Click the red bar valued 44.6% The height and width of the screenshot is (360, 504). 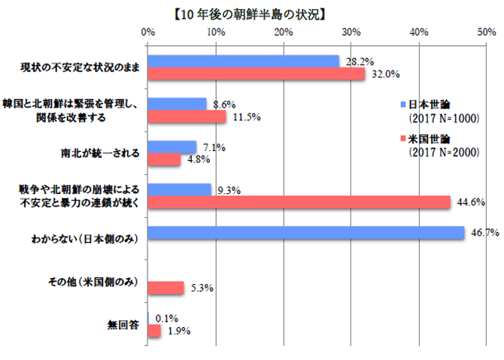(299, 201)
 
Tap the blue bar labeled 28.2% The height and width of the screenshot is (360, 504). (244, 61)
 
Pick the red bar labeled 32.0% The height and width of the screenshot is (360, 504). (257, 74)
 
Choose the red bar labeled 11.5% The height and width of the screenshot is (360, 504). (187, 116)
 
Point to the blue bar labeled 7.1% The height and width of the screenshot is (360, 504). (172, 147)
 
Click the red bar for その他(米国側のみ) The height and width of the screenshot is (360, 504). (165, 287)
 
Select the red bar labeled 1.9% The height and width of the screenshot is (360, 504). (154, 330)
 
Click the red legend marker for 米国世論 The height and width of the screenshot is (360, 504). (403, 139)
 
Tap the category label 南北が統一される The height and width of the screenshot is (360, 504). (99, 153)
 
